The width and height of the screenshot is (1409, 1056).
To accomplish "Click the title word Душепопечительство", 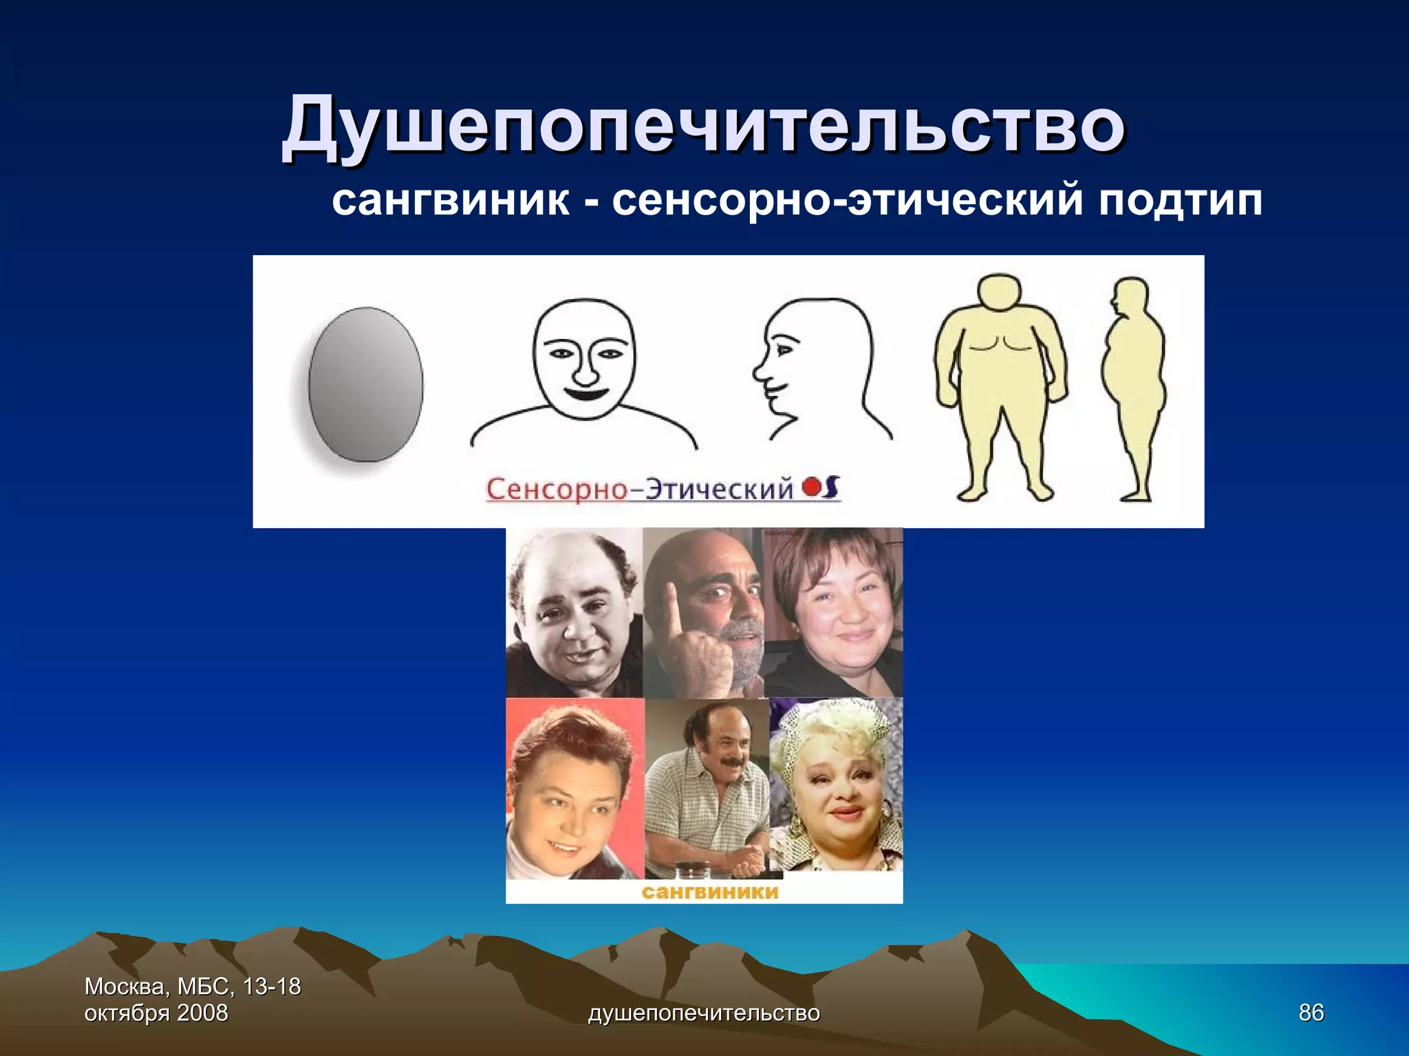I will pos(703,127).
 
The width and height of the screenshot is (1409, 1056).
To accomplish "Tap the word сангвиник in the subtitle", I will pos(451,201).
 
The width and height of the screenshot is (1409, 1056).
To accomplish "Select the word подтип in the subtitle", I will pos(1179,201).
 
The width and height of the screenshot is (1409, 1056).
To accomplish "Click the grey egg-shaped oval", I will pos(365,384).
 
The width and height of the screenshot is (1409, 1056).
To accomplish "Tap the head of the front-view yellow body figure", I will pos(1000,297).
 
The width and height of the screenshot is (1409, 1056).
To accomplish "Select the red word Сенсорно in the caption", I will pos(556,489).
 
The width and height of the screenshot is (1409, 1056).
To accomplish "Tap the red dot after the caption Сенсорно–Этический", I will pos(811,488).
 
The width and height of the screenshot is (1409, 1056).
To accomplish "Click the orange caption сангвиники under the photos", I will pos(710,892).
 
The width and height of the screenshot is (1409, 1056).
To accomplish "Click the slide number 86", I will pos(1311,1013).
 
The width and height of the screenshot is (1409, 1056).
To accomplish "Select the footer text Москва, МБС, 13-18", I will pos(193,987).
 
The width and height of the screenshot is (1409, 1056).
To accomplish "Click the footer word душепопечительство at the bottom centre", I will pos(704,1013).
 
